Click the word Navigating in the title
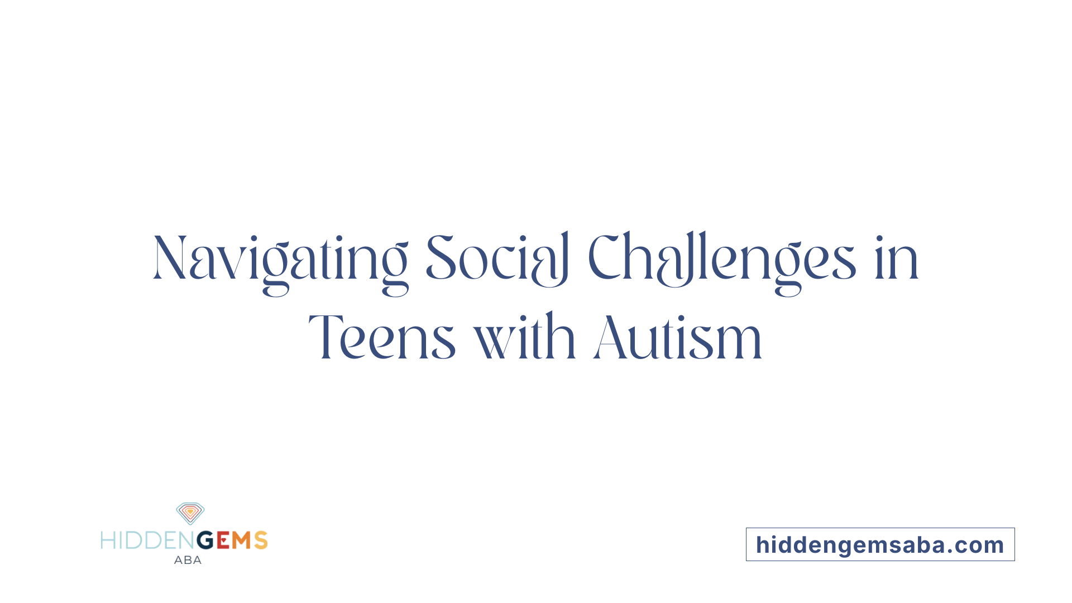pyautogui.click(x=280, y=259)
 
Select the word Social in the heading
pyautogui.click(x=497, y=259)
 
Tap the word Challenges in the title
pyautogui.click(x=721, y=259)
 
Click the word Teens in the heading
pyautogui.click(x=382, y=338)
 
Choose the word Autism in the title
pyautogui.click(x=678, y=338)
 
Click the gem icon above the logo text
pyautogui.click(x=190, y=513)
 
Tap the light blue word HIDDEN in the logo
pyautogui.click(x=148, y=540)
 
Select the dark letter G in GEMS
pyautogui.click(x=205, y=540)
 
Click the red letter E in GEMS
pyautogui.click(x=223, y=540)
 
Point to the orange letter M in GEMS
pyautogui.click(x=241, y=540)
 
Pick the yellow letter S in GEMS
pyautogui.click(x=261, y=540)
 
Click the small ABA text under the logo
pyautogui.click(x=188, y=560)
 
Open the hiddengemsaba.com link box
pyautogui.click(x=880, y=544)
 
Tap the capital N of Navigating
pyautogui.click(x=170, y=259)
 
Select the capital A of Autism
pyautogui.click(x=610, y=338)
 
